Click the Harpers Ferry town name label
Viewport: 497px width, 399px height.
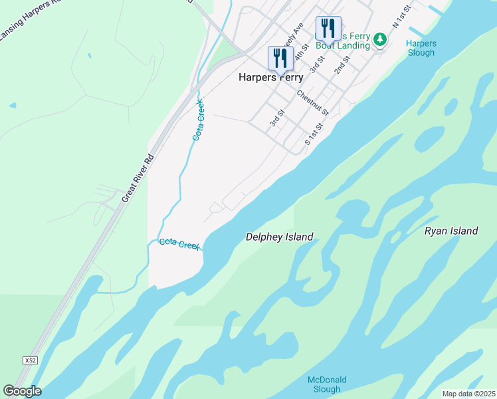(270, 77)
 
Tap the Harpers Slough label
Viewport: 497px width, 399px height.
(420, 48)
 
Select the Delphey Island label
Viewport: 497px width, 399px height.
(279, 236)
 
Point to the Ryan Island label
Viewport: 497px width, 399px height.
(451, 231)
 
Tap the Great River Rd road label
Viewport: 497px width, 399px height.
(138, 178)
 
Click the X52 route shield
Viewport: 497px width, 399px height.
(29, 360)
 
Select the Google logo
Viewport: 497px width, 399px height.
(22, 390)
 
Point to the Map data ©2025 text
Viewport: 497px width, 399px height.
(468, 394)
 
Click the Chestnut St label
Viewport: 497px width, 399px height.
(313, 102)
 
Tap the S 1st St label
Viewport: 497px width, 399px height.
(314, 134)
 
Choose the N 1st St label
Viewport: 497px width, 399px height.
(402, 15)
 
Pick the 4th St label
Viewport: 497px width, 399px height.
(302, 53)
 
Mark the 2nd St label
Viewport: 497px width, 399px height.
(342, 65)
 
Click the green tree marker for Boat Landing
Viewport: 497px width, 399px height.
(379, 39)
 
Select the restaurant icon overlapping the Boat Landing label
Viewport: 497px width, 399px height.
(328, 29)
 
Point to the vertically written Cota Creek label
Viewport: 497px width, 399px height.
(198, 120)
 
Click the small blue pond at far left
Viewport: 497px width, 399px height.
(12, 105)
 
